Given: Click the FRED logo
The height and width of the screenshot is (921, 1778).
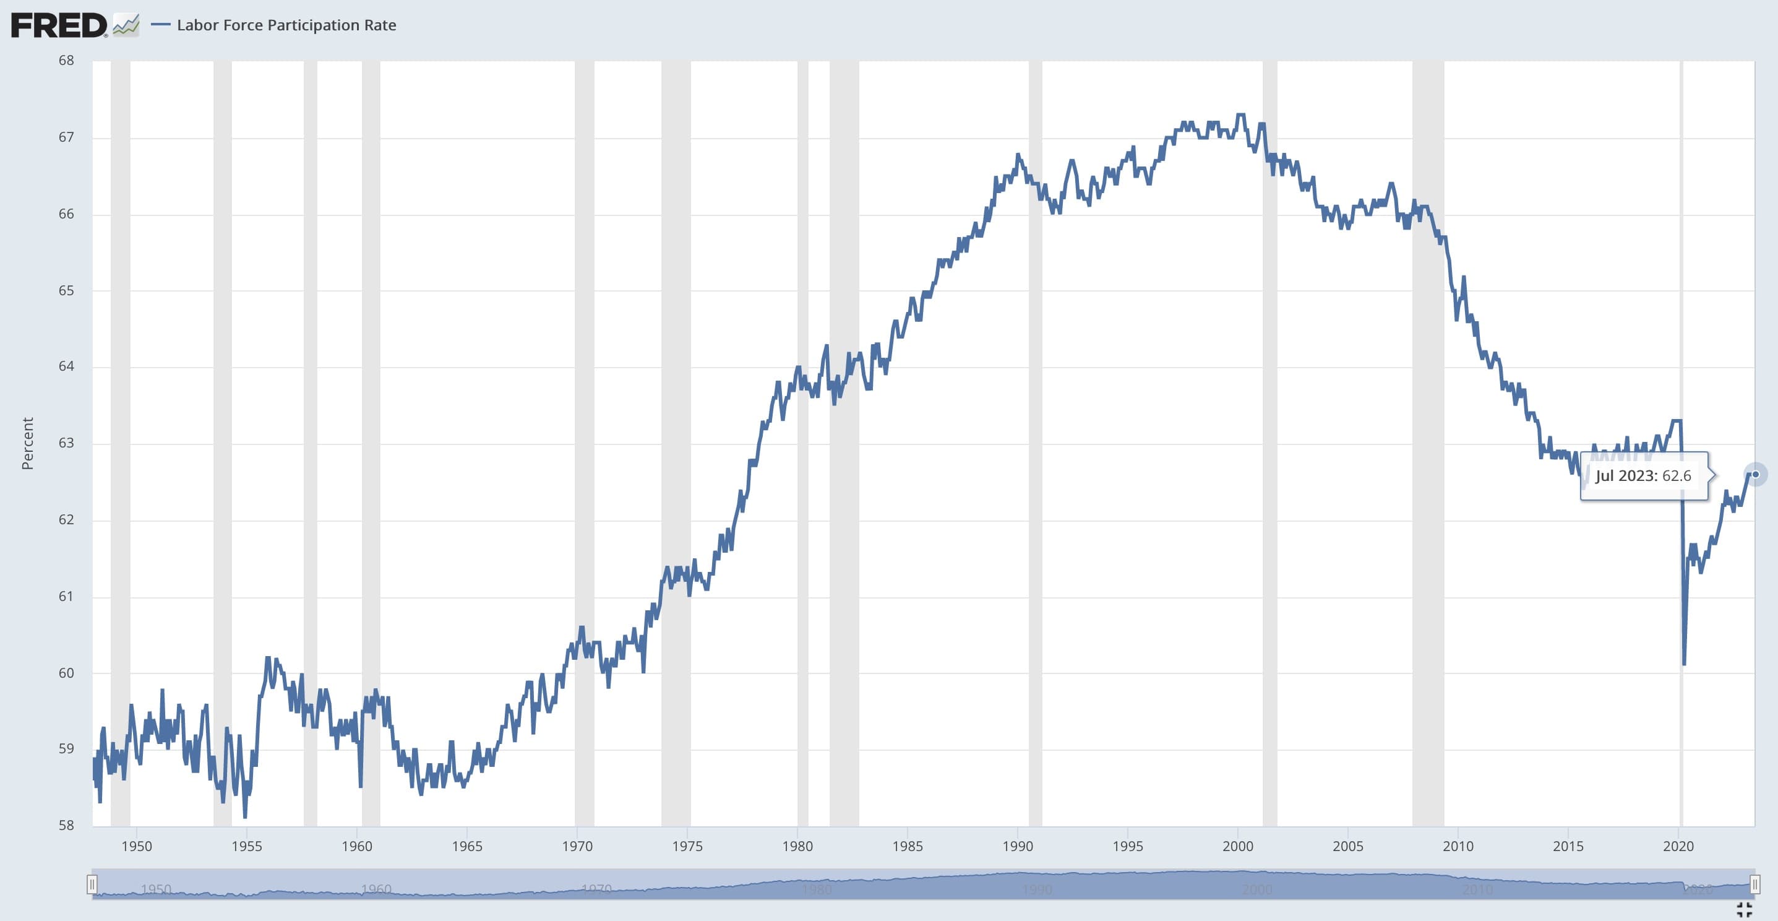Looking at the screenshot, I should [59, 25].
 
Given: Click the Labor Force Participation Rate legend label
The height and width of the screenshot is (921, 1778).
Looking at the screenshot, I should [286, 25].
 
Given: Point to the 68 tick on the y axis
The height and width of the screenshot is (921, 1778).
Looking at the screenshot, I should [66, 61].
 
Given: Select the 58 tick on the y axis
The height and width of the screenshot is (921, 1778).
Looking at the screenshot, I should [66, 826].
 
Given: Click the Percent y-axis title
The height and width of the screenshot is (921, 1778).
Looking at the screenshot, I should [28, 443].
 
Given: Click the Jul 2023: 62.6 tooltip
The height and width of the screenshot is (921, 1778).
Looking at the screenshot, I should [1643, 476].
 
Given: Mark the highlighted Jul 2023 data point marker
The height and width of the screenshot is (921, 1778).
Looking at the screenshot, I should [1755, 474].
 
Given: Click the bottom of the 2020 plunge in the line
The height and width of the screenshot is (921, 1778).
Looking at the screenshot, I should [1684, 664].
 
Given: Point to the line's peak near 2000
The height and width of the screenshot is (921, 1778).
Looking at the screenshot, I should [1241, 115].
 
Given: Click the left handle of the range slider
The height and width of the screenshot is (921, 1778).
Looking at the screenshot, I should [92, 884].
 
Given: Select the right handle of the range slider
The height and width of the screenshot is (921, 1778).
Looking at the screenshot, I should [1754, 884].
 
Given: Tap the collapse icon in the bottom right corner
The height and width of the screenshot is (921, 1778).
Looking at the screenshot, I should [1744, 910].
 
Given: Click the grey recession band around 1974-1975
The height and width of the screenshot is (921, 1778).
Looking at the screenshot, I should [676, 442].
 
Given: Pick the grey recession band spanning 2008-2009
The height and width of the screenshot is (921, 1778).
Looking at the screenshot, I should [1428, 442].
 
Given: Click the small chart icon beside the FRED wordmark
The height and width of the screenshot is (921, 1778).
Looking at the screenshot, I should [126, 25].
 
